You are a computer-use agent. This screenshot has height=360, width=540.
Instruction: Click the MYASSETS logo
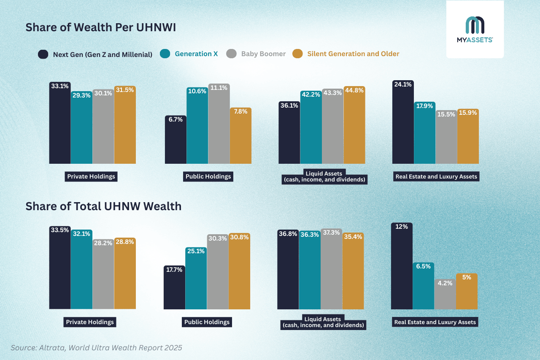[475, 30]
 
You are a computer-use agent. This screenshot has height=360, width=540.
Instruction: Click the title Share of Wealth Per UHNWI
[100, 27]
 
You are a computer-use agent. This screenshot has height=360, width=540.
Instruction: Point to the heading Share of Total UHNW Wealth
[103, 206]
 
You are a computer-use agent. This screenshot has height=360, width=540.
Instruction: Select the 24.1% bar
[403, 122]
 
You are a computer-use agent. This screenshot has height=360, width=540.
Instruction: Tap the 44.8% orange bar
[354, 125]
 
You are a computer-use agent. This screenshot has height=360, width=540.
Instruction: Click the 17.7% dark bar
[174, 288]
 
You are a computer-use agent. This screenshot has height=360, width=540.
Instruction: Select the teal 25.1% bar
[196, 279]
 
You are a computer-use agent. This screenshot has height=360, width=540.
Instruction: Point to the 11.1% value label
[219, 88]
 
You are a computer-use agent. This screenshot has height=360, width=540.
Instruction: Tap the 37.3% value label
[331, 233]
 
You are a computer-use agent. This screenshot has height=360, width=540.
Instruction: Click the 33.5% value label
[60, 230]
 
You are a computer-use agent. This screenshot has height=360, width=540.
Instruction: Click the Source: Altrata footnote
[96, 348]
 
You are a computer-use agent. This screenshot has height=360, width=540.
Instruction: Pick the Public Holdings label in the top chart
[208, 176]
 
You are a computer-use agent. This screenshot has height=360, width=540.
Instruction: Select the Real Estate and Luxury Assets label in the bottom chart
[435, 322]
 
